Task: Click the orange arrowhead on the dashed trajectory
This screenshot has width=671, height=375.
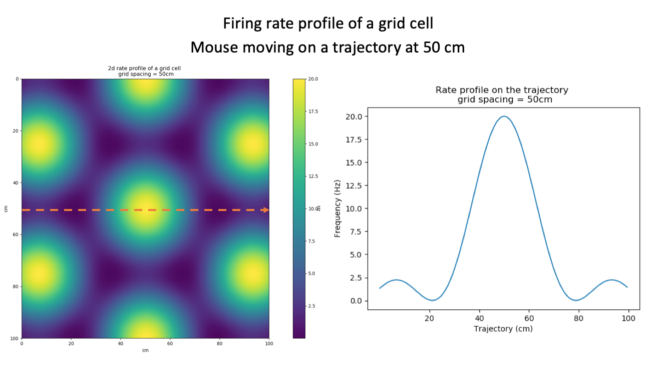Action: [266, 210]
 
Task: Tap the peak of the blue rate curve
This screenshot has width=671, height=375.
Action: [504, 116]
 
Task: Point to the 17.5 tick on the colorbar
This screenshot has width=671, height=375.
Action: [312, 111]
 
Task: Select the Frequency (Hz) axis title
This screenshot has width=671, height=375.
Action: [338, 208]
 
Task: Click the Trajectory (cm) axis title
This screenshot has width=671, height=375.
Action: [503, 329]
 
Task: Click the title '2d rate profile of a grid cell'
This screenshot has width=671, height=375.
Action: [145, 68]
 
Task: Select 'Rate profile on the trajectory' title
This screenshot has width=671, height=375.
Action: [502, 90]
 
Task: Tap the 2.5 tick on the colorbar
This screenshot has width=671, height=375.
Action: [312, 306]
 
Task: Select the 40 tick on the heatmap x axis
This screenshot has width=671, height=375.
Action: [120, 343]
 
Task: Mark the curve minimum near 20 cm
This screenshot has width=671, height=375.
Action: [431, 300]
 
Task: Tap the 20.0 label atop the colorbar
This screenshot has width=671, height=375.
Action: [312, 79]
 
